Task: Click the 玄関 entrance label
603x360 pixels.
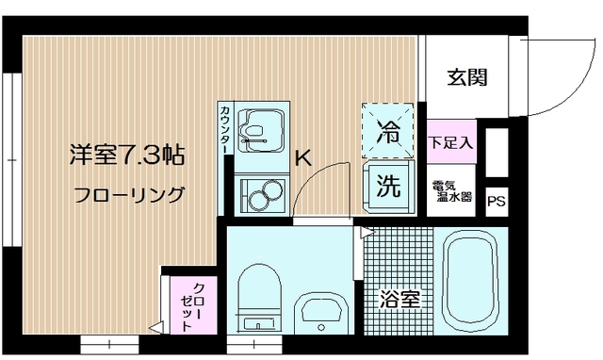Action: coord(467,78)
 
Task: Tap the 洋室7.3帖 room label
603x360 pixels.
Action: coord(125,155)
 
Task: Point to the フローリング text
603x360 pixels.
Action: coord(129,196)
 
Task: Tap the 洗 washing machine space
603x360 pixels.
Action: coord(388,185)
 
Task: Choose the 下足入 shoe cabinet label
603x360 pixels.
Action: coord(451,143)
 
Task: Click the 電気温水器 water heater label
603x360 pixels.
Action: coord(451,191)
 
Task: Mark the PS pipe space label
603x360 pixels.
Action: coord(496,201)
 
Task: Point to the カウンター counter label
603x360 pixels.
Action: coord(225,132)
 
